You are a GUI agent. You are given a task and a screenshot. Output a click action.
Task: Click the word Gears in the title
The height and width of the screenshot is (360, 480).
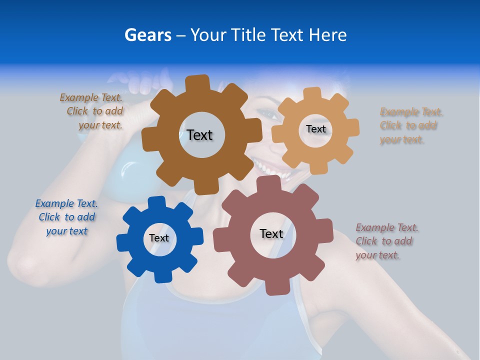pyautogui.click(x=147, y=35)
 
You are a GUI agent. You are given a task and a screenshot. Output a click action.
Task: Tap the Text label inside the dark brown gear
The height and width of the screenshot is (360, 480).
pyautogui.click(x=199, y=135)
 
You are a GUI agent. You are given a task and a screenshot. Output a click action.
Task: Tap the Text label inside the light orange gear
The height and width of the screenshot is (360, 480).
pyautogui.click(x=315, y=129)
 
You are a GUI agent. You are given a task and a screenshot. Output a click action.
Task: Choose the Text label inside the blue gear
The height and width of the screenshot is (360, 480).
pyautogui.click(x=159, y=238)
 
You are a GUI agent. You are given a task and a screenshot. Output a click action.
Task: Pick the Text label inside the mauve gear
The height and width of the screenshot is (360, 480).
pyautogui.click(x=271, y=233)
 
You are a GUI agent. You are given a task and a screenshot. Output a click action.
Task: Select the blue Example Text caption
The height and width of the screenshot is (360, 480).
pyautogui.click(x=66, y=217)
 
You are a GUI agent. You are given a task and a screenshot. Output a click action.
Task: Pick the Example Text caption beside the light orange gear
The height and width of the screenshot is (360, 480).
pyautogui.click(x=410, y=125)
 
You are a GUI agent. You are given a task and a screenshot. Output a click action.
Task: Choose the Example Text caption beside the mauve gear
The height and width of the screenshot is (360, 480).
pyautogui.click(x=386, y=241)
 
